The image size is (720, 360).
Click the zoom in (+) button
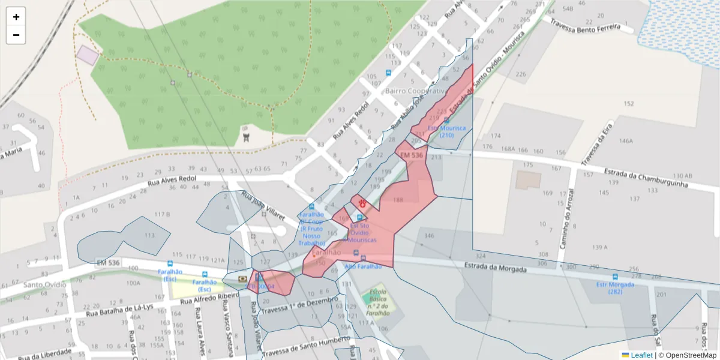click(16, 17)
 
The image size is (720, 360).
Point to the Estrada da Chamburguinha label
click(646, 178)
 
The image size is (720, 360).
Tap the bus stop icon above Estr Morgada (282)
click(614, 277)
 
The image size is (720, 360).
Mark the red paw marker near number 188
click(362, 203)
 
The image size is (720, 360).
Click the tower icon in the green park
click(245, 137)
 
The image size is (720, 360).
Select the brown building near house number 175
click(527, 180)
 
